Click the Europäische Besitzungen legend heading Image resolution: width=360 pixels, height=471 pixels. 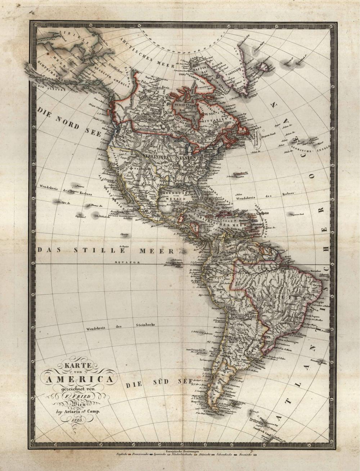coord(183,451)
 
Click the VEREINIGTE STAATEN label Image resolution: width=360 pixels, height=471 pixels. coord(170,157)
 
